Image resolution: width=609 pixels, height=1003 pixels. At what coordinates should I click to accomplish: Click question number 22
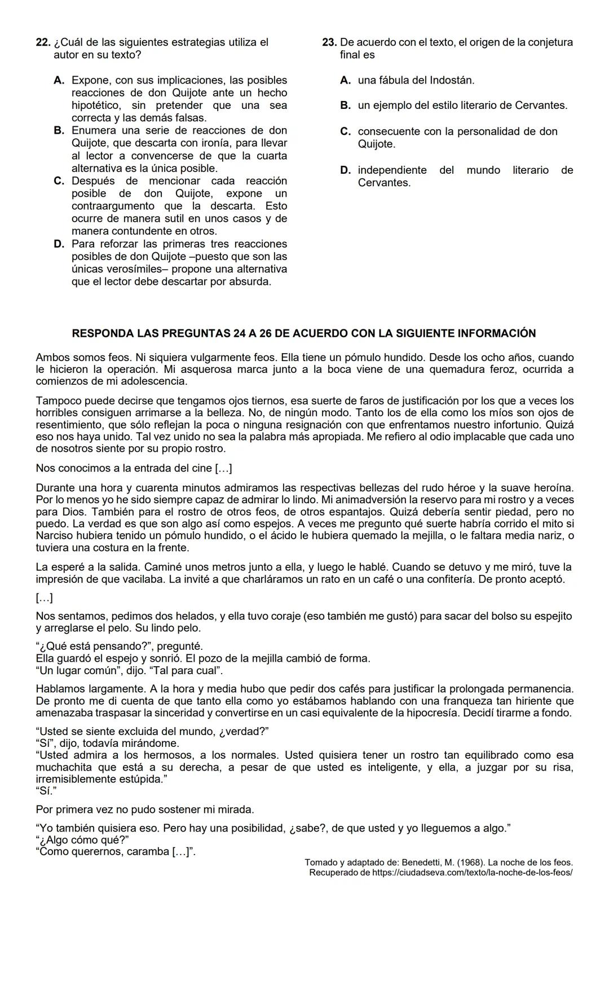43,42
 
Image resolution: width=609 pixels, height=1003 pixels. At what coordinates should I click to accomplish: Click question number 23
329,42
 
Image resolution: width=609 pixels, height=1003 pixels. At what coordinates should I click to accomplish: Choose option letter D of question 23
346,170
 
